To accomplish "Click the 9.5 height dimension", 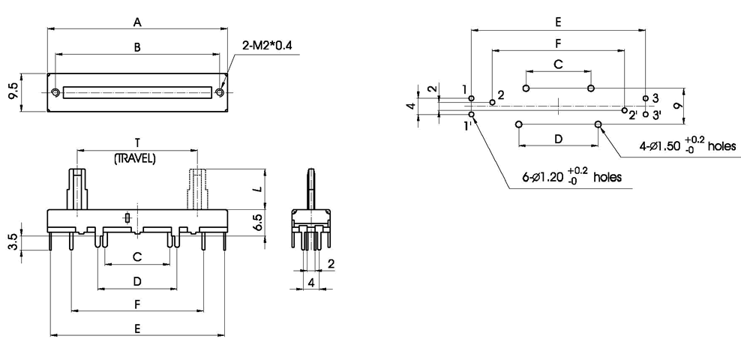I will [x=13, y=92].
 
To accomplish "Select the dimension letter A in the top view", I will [x=137, y=22].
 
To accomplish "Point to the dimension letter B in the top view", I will [x=137, y=47].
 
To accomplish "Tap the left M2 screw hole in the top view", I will [x=56, y=92].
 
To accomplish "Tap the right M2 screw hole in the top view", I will [x=219, y=92].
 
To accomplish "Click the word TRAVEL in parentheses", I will [x=135, y=158].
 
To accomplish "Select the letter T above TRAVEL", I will [x=136, y=142].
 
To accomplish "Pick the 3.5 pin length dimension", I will [x=13, y=241].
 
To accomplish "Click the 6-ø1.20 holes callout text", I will [x=571, y=177].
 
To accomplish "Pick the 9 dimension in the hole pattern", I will [x=677, y=106].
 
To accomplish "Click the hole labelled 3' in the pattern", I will [x=646, y=114].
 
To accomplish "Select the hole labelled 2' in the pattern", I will [x=624, y=109].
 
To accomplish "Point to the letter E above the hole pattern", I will [x=558, y=22].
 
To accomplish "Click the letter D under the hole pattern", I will [x=558, y=139].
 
